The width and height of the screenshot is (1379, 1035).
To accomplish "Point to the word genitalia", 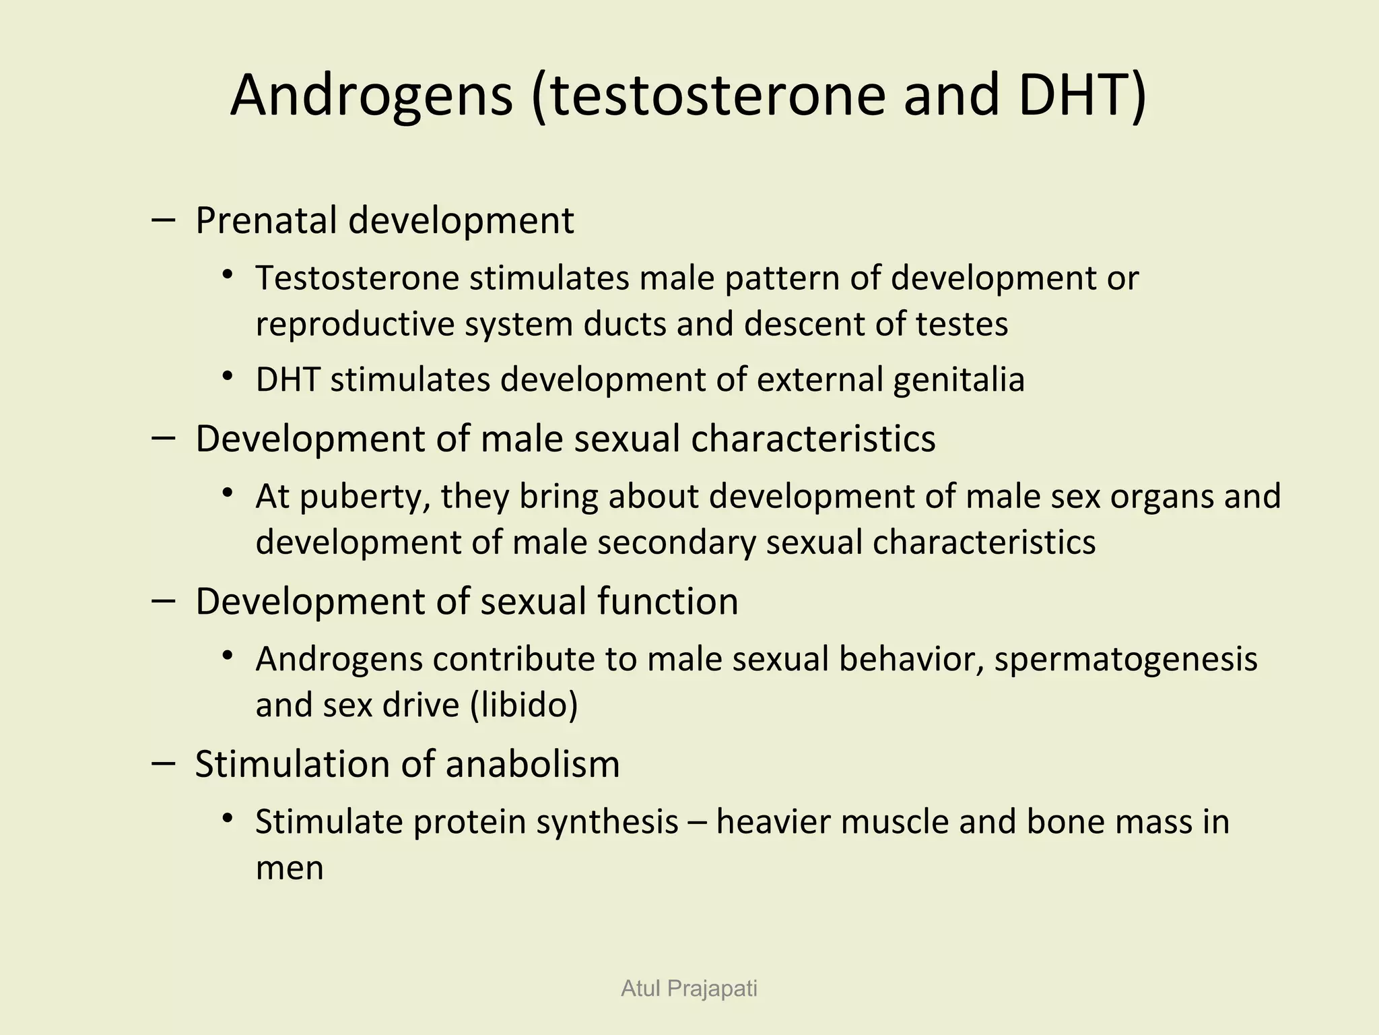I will pyautogui.click(x=959, y=380).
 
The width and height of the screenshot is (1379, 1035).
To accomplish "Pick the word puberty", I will pyautogui.click(x=364, y=497).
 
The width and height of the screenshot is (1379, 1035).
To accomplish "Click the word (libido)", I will pyautogui.click(x=524, y=705).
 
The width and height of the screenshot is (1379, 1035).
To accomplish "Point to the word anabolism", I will pyautogui.click(x=533, y=764).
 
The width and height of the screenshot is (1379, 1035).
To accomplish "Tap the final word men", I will pyautogui.click(x=290, y=868).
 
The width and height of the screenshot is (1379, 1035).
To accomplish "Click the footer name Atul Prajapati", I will pyautogui.click(x=689, y=989).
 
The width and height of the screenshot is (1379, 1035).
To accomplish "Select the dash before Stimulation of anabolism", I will pyautogui.click(x=164, y=763).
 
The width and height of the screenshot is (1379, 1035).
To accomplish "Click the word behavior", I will pyautogui.click(x=912, y=659).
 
